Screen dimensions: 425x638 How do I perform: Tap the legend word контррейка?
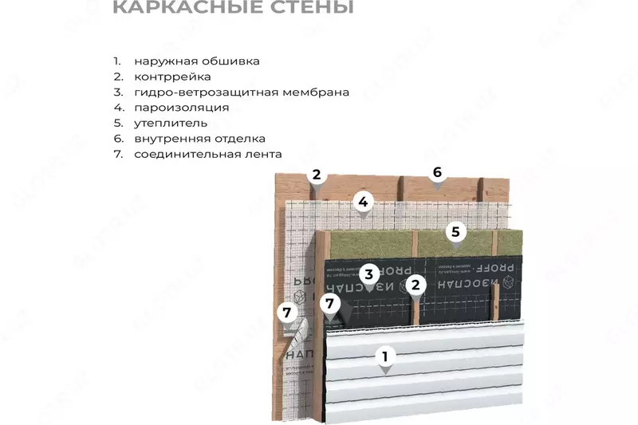click(x=172, y=77)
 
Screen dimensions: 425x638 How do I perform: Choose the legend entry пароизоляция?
click(x=182, y=108)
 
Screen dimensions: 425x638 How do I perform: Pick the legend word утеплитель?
click(x=171, y=124)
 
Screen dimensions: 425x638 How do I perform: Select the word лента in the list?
click(x=265, y=154)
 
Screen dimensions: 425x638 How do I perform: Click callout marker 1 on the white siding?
click(x=385, y=357)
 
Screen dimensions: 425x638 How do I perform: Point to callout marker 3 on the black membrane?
click(x=368, y=274)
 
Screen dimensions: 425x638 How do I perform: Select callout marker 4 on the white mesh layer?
click(x=363, y=202)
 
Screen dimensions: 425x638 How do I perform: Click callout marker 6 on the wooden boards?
click(x=437, y=172)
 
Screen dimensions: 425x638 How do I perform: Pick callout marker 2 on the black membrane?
click(x=415, y=284)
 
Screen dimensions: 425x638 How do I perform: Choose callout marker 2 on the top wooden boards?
click(x=317, y=175)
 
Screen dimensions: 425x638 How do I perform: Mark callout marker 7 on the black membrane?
click(x=329, y=304)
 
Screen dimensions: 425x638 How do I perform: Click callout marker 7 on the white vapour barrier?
click(x=287, y=312)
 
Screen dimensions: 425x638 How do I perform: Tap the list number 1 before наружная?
click(x=116, y=61)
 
